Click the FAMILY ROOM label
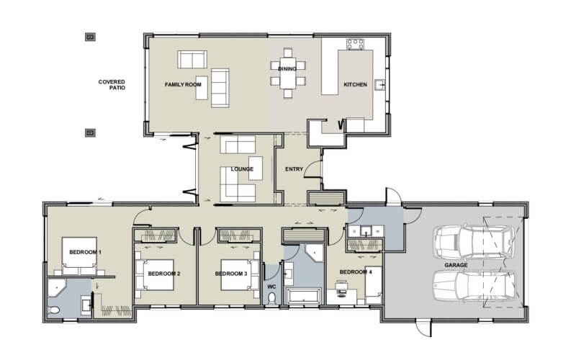(x=183, y=85)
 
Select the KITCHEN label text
(x=355, y=85)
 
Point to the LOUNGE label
(x=242, y=169)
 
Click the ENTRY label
(x=294, y=169)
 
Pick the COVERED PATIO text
(x=112, y=85)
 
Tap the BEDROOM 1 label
(x=85, y=253)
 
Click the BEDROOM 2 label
(x=163, y=274)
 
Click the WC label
(x=271, y=287)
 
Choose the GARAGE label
(x=456, y=265)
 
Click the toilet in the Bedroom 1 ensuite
(x=57, y=310)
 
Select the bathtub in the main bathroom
(x=304, y=295)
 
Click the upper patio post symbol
(x=90, y=36)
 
